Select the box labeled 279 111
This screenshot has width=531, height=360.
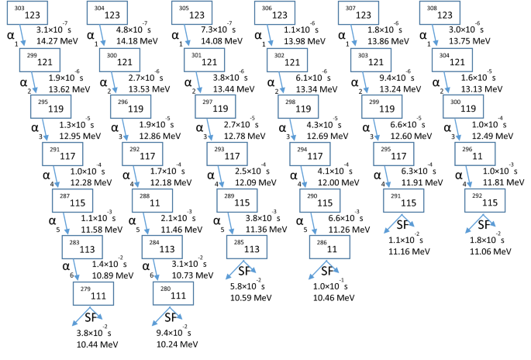pos(92,296)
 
